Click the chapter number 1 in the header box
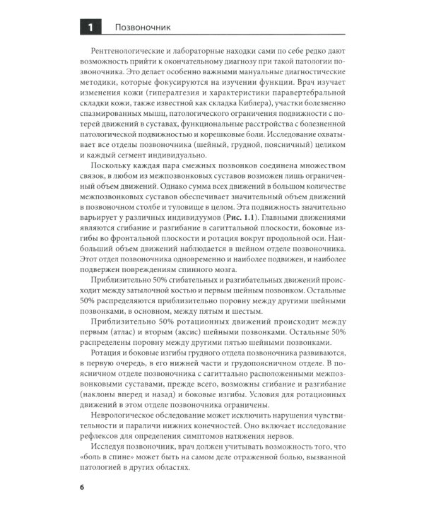(89, 28)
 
